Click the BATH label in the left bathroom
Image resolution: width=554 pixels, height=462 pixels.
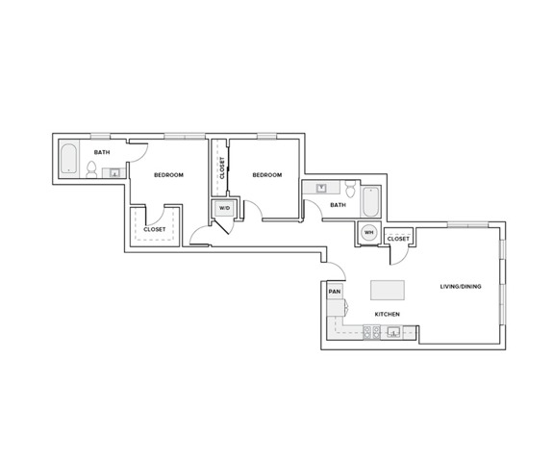100,152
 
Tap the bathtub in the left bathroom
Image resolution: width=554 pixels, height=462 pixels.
69,160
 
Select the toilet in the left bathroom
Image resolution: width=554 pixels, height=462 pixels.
91,170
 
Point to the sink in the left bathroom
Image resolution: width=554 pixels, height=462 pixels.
113,173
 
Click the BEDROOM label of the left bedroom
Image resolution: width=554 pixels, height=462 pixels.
169,174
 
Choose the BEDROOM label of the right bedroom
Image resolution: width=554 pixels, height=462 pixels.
266,174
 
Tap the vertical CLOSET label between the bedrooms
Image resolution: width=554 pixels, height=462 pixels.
221,168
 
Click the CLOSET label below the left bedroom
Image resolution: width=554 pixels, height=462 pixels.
155,229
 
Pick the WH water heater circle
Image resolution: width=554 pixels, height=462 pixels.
368,232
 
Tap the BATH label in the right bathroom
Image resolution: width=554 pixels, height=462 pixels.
338,204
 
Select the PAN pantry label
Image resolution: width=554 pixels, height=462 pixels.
335,291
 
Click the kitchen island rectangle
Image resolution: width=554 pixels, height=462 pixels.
388,291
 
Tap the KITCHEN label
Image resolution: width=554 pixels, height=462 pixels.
388,315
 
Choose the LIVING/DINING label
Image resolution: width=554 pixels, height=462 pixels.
460,287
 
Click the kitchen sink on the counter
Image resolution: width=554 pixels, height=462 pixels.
392,333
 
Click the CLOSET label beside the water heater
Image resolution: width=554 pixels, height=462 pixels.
399,238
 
